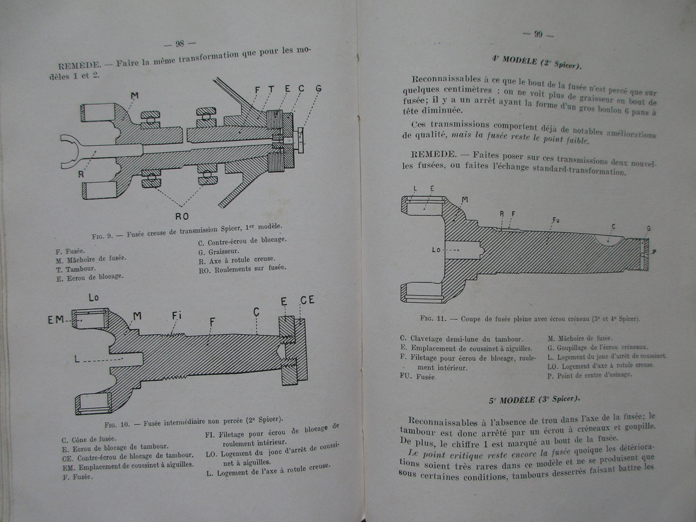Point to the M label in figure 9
(134, 97)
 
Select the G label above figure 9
(318, 87)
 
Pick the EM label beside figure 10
(55, 320)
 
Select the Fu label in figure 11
(556, 221)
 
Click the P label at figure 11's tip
(654, 251)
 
